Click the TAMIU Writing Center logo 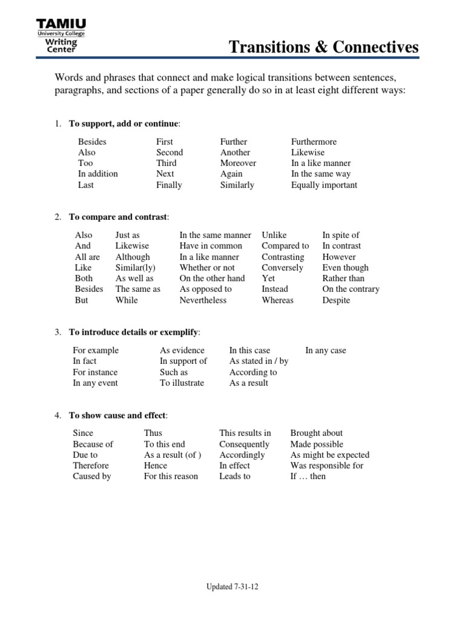point(61,36)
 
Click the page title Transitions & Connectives point(324,47)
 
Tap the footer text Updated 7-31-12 point(232,587)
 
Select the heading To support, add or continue point(124,124)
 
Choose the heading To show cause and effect point(118,415)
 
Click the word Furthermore point(314,142)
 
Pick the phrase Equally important point(324,185)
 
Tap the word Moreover point(238,163)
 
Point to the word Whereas point(277,300)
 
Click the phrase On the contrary point(351,289)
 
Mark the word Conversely point(282,268)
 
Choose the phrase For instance point(95,372)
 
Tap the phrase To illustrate point(182,383)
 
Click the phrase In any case point(326,351)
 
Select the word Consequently point(244,444)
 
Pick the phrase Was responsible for point(327,466)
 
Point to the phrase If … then point(308,477)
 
